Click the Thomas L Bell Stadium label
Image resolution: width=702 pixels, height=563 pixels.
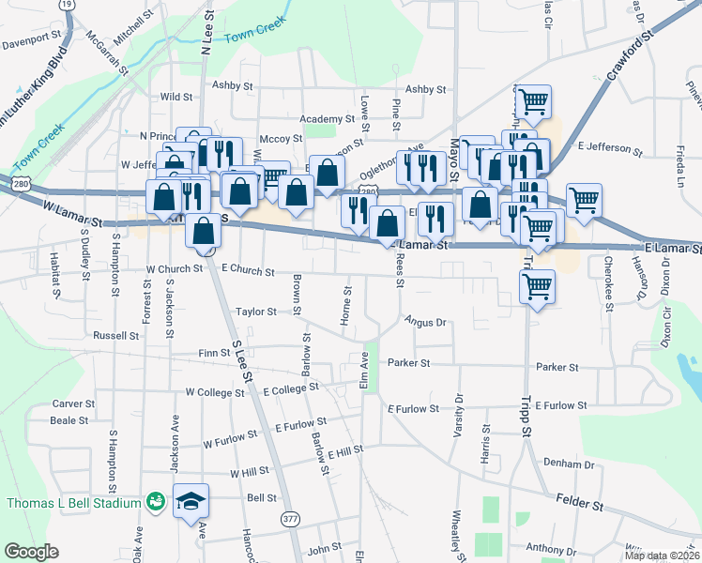tap(73, 503)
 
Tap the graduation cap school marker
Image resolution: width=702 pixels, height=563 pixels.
tap(191, 503)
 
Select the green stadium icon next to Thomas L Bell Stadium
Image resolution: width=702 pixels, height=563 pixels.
tap(155, 503)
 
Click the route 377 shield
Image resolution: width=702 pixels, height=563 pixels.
tap(291, 517)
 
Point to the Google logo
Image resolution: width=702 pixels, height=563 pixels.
tap(32, 552)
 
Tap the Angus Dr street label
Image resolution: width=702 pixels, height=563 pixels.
tap(424, 323)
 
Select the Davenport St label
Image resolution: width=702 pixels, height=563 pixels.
tap(31, 42)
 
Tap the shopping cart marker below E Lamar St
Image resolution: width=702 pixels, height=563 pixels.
tap(537, 287)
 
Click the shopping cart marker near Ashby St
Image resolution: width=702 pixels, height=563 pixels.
tap(533, 101)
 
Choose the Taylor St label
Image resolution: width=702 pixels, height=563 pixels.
tap(256, 312)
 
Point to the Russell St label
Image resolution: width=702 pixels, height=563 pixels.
tap(115, 335)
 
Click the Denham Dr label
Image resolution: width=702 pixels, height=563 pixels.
tap(569, 464)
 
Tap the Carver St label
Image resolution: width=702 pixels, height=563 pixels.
tap(73, 403)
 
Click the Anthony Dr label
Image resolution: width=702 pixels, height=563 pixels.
tap(550, 549)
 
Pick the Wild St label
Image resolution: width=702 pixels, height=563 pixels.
tap(175, 97)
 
